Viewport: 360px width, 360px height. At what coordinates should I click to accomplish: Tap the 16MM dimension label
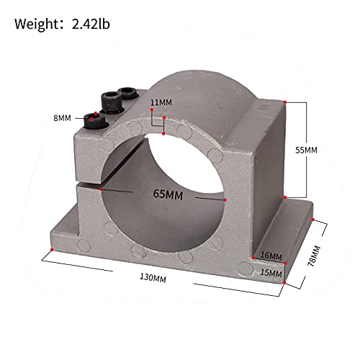pyautogui.click(x=271, y=256)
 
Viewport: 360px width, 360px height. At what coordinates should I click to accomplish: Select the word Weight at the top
pyautogui.click(x=37, y=25)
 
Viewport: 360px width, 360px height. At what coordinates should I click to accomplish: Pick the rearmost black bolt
pyautogui.click(x=128, y=92)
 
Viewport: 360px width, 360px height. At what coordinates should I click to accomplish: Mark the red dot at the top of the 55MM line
pyautogui.click(x=286, y=103)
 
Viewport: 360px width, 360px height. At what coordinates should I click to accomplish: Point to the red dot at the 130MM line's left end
pyautogui.click(x=52, y=251)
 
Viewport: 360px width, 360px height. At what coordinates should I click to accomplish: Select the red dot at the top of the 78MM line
pyautogui.click(x=314, y=214)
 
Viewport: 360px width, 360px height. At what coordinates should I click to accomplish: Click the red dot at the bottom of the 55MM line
pyautogui.click(x=286, y=197)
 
